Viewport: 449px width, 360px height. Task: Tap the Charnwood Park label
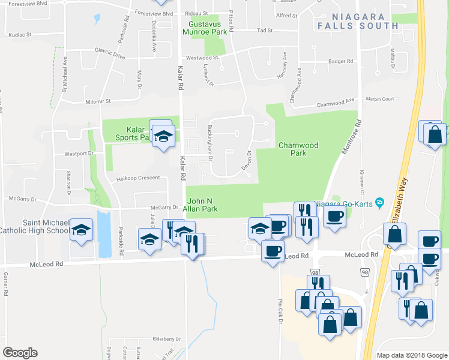(x=298, y=149)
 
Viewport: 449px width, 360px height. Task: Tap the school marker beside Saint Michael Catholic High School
(x=82, y=231)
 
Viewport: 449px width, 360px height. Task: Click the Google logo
(x=20, y=353)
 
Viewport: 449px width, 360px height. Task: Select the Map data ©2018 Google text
(x=411, y=355)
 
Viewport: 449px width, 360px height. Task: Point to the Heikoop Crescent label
(x=138, y=178)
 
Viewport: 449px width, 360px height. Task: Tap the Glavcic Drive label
(x=109, y=56)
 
